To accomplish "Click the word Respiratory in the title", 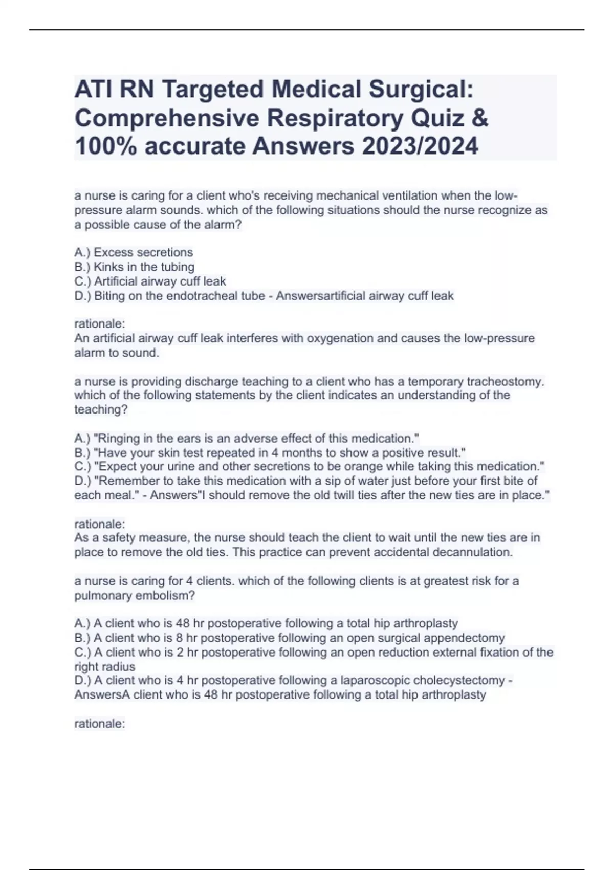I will (335, 118).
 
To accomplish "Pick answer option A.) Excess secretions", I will (134, 252).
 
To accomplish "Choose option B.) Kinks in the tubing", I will (135, 267).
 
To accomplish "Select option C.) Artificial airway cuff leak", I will (150, 281).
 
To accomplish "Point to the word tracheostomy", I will (502, 381).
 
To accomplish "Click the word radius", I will (119, 667).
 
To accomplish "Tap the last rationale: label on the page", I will (100, 724).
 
